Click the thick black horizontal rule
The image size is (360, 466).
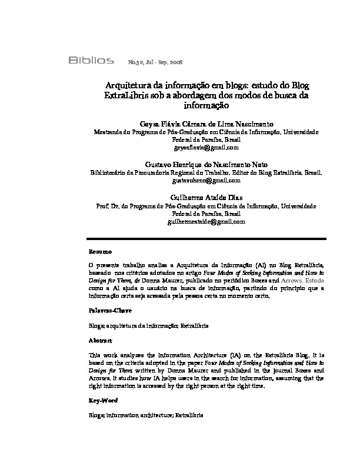tap(215, 238)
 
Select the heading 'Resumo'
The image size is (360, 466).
tap(99, 251)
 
